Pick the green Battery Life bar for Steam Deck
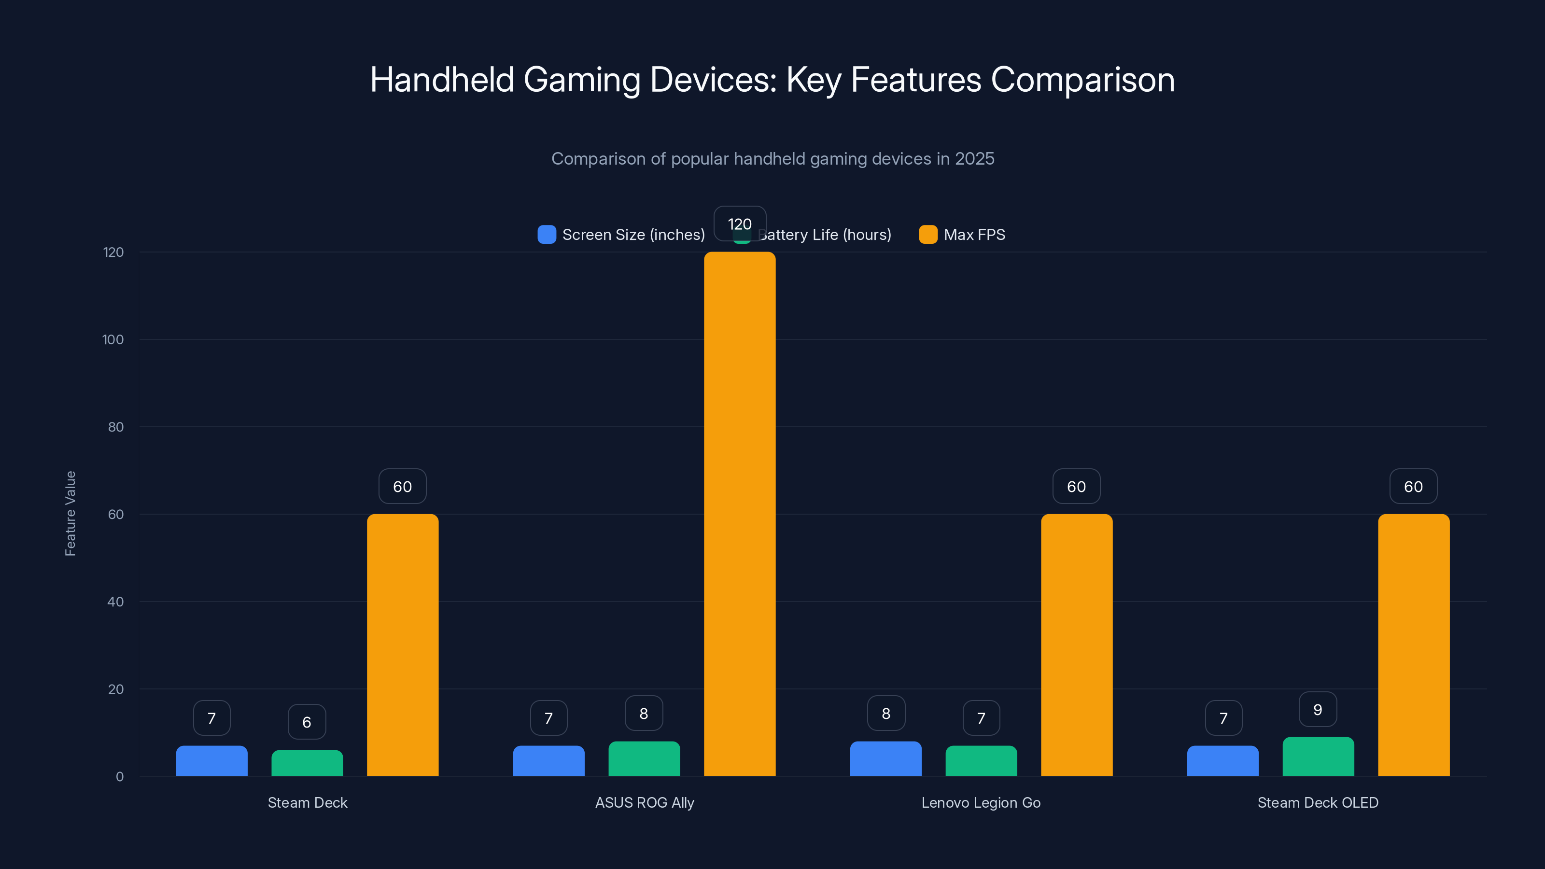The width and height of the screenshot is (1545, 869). pos(307,763)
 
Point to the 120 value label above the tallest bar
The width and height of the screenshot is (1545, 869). pos(740,224)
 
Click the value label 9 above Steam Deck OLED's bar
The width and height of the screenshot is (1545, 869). pos(1317,710)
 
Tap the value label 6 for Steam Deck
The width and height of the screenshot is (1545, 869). pos(307,722)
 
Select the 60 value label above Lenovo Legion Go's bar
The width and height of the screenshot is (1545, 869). pos(1076,486)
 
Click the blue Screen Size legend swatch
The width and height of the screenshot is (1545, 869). pos(547,235)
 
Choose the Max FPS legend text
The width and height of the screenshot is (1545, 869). pos(974,235)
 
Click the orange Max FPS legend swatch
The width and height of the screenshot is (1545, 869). pos(928,235)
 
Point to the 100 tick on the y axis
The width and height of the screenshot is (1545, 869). pos(113,339)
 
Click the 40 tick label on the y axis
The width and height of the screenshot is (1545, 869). pos(115,602)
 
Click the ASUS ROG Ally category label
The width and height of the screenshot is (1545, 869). pos(644,802)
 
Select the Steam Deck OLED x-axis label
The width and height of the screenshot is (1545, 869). pos(1318,802)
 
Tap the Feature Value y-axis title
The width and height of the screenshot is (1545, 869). pos(70,513)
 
